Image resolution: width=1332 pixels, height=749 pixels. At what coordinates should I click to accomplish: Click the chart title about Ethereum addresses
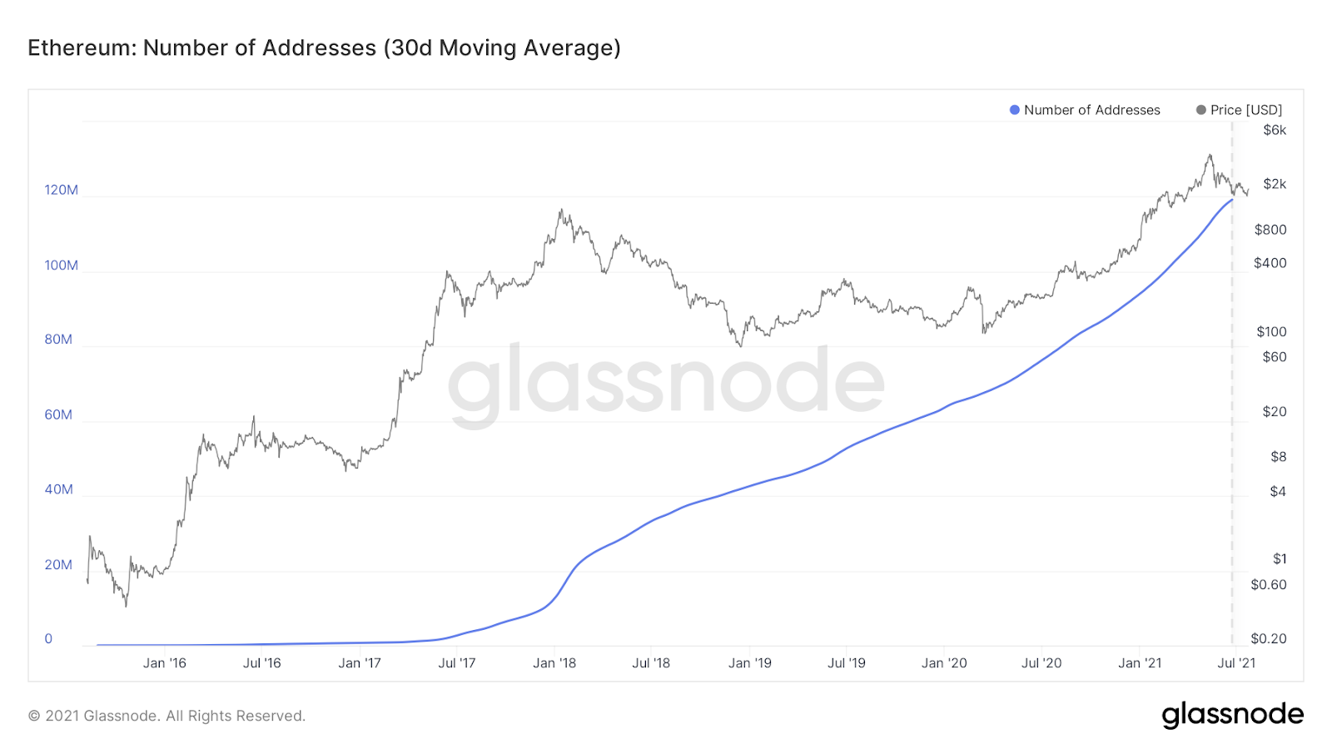pos(324,48)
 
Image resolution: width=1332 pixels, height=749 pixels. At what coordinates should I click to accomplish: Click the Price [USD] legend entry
pos(1239,110)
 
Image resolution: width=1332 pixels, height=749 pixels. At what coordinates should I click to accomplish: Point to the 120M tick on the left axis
pos(61,190)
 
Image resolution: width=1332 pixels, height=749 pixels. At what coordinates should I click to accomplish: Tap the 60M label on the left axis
pos(58,414)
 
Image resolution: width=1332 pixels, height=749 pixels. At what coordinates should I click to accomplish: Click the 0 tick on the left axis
pos(48,639)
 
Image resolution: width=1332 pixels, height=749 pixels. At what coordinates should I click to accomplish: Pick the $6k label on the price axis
pos(1275,130)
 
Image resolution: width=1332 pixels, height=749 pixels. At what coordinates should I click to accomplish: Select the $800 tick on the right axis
pos(1270,230)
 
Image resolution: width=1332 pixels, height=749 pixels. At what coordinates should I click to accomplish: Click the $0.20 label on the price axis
pos(1269,638)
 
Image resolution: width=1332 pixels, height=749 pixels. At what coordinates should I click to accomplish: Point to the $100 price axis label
pos(1271,332)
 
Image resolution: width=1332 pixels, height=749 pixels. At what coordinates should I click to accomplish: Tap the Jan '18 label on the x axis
pos(554,663)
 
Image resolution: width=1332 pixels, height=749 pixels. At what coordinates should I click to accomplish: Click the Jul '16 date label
pos(261,663)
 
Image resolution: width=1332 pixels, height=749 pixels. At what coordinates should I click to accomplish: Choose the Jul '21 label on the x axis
pos(1236,663)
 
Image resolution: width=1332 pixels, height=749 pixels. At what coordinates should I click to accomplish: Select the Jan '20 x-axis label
pos(944,663)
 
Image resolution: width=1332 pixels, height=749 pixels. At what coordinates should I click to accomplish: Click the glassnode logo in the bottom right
pos(1232,715)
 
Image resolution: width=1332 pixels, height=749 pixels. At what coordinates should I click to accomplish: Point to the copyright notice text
pos(166,716)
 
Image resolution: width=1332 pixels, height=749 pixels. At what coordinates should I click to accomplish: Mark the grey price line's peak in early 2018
pos(561,210)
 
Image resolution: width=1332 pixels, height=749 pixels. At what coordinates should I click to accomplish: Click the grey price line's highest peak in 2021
pos(1210,155)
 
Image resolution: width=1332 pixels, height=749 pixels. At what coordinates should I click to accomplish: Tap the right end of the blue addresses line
pos(1232,200)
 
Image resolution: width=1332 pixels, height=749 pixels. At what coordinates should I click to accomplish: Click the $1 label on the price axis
pos(1280,559)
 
